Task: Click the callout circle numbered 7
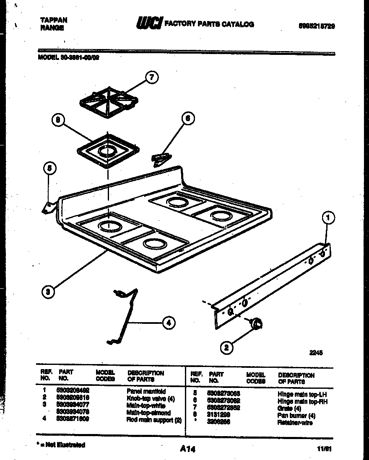point(152,77)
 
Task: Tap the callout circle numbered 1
point(329,217)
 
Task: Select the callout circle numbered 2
point(226,346)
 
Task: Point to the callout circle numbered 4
point(168,323)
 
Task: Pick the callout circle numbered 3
point(49,292)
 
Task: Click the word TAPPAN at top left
point(53,20)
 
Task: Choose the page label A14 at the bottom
point(187,449)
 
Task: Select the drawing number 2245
point(316,353)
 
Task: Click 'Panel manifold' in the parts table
point(146,391)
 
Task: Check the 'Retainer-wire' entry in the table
point(295,423)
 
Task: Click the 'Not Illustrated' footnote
point(61,445)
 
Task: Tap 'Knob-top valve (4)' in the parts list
point(150,398)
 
